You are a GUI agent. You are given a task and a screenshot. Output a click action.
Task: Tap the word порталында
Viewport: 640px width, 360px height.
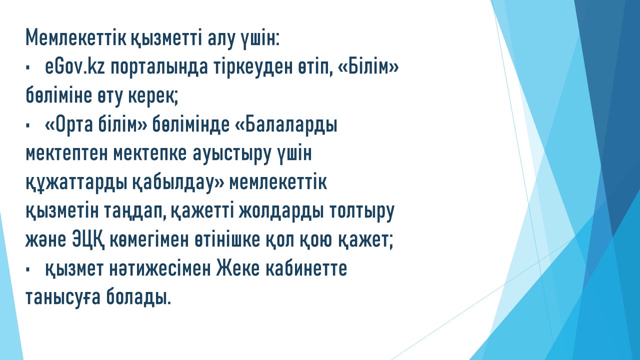pyautogui.click(x=159, y=68)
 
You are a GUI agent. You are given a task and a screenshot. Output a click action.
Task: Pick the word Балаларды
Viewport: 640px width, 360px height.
pyautogui.click(x=291, y=125)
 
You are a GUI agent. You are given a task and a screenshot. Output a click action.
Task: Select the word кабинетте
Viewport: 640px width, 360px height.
pyautogui.click(x=306, y=269)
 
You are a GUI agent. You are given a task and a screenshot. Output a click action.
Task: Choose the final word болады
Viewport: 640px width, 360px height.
pyautogui.click(x=139, y=297)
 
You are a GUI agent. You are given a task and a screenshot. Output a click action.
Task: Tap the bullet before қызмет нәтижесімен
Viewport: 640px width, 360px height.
pyautogui.click(x=27, y=269)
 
